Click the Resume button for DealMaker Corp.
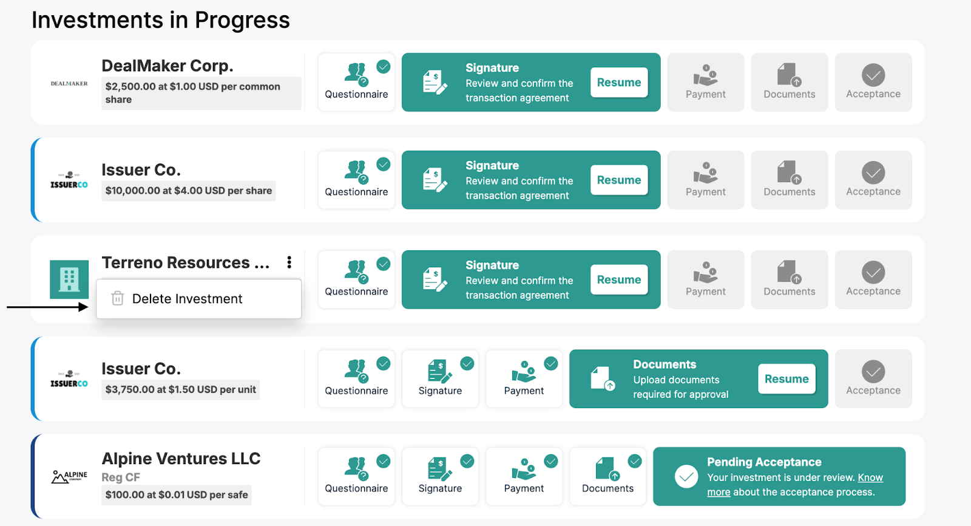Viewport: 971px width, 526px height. [x=619, y=82]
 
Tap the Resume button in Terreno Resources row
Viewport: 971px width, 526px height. [x=619, y=279]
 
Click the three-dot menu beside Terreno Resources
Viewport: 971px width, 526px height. [x=289, y=262]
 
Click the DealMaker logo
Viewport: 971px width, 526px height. [x=69, y=83]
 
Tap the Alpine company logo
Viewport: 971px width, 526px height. [x=69, y=477]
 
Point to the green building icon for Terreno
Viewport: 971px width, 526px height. [x=69, y=279]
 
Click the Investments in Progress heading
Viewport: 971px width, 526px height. [x=161, y=20]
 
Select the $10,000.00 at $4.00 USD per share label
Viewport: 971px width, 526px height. [x=189, y=191]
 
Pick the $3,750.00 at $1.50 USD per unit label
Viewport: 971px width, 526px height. [x=180, y=389]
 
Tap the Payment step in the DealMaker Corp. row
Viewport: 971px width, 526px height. [x=706, y=82]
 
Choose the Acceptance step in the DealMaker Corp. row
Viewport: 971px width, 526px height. [x=873, y=82]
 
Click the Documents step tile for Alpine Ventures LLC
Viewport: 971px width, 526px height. [x=607, y=477]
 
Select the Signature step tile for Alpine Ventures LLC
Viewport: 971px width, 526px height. [x=440, y=477]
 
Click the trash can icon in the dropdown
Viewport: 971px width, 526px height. [x=118, y=298]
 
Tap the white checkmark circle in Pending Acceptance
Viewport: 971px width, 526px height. [x=686, y=477]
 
